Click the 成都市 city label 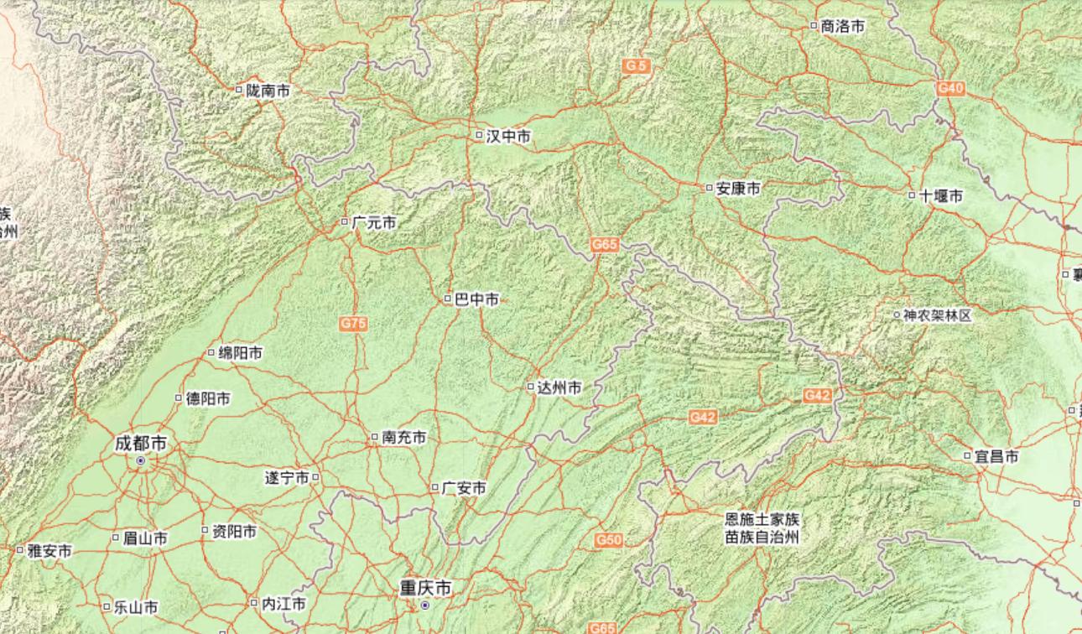click(x=140, y=443)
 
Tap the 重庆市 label click(x=425, y=589)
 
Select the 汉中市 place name click(x=508, y=135)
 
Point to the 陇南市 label click(x=268, y=91)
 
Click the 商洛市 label click(x=843, y=27)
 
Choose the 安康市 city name click(x=738, y=189)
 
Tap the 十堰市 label click(x=941, y=196)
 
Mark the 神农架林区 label click(x=937, y=315)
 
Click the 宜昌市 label click(x=996, y=457)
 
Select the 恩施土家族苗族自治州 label click(x=762, y=528)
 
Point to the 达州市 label click(x=559, y=387)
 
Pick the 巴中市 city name click(x=476, y=299)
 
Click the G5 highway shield click(x=637, y=65)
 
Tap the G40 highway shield click(x=950, y=88)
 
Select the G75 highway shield click(x=354, y=322)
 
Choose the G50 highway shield click(x=609, y=540)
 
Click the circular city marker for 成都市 click(x=141, y=460)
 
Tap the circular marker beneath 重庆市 click(x=425, y=605)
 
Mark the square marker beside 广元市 click(x=344, y=222)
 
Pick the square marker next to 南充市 click(x=375, y=437)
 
